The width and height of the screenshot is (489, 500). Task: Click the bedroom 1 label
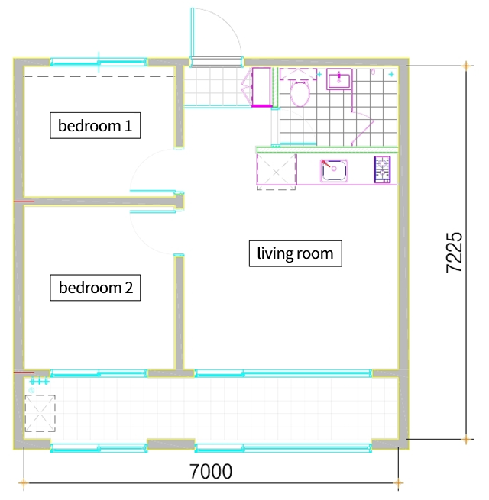(95, 125)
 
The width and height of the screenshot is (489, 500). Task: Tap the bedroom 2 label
(95, 287)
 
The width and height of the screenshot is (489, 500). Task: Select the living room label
(295, 253)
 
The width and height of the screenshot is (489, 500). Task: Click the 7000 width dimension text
(211, 471)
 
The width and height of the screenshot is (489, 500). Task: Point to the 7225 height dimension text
(454, 253)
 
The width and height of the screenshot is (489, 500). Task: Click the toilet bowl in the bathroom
(300, 93)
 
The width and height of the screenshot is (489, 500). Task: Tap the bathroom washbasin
(339, 79)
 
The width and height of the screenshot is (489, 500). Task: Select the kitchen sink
(334, 170)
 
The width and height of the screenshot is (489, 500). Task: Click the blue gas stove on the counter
(382, 169)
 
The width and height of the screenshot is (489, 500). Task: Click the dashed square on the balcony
(40, 413)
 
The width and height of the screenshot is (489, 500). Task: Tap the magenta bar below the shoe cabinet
(262, 105)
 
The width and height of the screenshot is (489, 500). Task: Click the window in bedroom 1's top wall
(99, 62)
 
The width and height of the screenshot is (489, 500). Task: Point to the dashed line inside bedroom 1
(99, 76)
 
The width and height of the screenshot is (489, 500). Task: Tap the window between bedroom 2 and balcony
(99, 373)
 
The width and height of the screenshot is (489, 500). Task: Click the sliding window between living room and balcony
(283, 373)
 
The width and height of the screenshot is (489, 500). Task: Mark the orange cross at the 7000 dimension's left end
(24, 483)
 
